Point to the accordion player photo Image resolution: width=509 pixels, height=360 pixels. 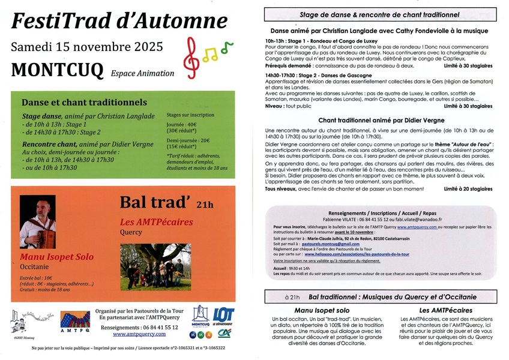click(37, 221)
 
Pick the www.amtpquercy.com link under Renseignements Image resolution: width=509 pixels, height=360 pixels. click(140, 334)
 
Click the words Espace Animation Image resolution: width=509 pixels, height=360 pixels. click(142, 73)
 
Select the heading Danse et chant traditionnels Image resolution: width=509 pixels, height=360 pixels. click(76, 103)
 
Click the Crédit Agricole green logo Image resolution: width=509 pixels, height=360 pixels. click(224, 333)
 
